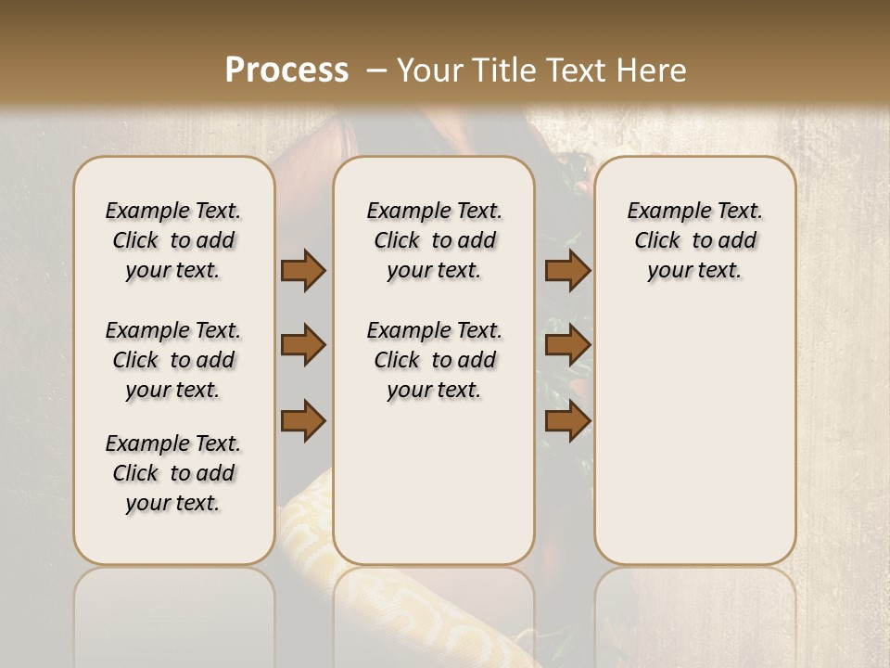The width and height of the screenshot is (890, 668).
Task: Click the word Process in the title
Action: (286, 71)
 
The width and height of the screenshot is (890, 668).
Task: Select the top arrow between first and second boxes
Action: (303, 270)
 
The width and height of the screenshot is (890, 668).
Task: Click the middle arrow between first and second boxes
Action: (303, 346)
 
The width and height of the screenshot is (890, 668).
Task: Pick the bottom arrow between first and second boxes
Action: (303, 421)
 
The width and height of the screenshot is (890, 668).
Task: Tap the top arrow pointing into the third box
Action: (567, 270)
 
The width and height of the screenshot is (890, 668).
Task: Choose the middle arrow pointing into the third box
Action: (567, 346)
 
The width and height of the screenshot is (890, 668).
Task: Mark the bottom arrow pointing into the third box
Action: (567, 421)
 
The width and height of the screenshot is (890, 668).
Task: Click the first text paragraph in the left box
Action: (173, 240)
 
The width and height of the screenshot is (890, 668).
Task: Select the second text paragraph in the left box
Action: (173, 360)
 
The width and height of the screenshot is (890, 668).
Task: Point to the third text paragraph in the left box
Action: (173, 473)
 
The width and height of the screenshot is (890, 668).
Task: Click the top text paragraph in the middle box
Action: (434, 240)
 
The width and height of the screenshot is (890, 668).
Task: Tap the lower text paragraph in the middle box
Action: (434, 360)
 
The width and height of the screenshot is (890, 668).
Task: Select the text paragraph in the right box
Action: (694, 240)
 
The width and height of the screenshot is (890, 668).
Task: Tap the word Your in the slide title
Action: (427, 71)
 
